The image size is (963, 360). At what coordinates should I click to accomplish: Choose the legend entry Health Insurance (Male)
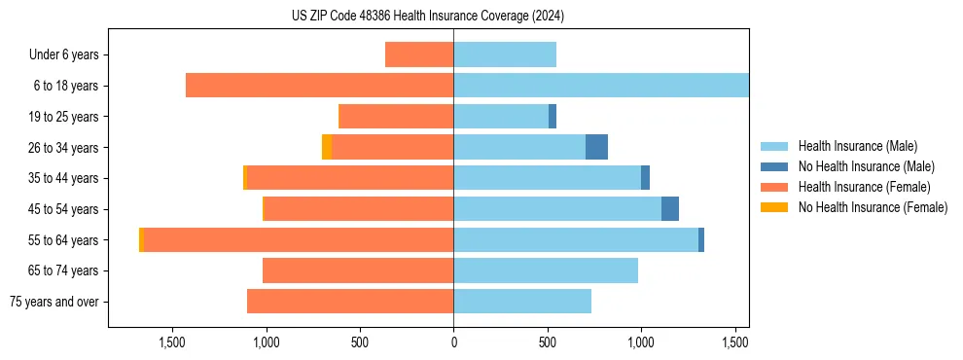[857, 146]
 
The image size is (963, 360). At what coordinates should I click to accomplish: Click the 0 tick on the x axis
[453, 342]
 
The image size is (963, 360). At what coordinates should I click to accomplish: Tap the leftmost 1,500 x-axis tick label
[172, 342]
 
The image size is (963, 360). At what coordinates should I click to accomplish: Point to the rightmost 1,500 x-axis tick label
[734, 342]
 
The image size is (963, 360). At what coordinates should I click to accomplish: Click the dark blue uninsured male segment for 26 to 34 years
[596, 147]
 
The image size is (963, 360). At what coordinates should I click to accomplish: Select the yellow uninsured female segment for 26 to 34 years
[327, 147]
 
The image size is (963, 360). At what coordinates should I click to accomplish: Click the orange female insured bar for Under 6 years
[419, 54]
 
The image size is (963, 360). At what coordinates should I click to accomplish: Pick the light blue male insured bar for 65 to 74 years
[546, 270]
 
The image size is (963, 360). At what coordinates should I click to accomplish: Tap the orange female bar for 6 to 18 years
[319, 86]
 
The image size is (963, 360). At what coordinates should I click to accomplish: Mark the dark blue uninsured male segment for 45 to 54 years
[670, 209]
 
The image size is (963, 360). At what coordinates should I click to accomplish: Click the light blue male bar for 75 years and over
[522, 302]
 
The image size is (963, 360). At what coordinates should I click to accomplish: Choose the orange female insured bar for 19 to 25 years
[396, 117]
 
